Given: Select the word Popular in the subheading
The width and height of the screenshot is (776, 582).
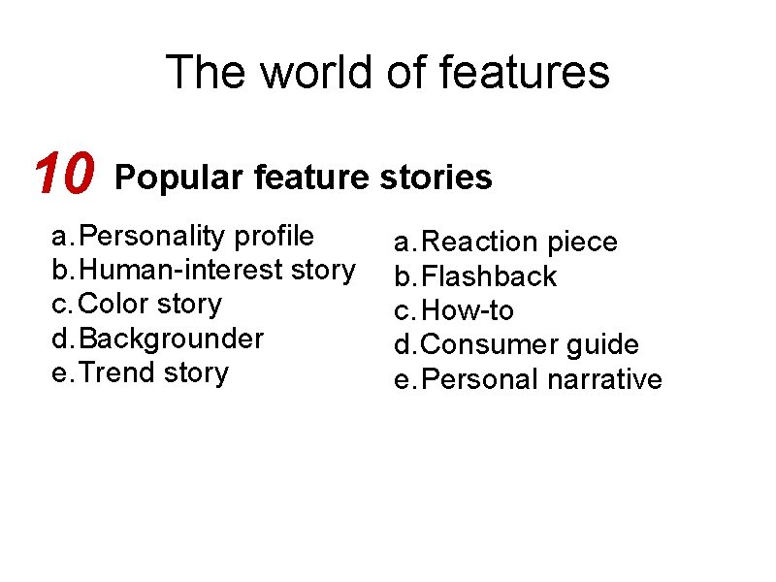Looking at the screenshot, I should pos(179,178).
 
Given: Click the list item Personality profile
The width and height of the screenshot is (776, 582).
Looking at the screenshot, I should pos(196,236).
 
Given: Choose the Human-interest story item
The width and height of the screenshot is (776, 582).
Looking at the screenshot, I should pos(216,270).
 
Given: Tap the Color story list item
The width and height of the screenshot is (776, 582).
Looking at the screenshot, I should pos(149,304).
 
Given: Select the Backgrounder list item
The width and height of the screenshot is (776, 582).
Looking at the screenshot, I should pos(171,339).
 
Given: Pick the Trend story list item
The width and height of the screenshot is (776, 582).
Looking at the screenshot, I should pos(153,372).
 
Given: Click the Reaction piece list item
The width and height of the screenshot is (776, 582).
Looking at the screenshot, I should pos(520,242).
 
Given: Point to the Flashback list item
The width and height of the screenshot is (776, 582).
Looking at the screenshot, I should pos(490,276).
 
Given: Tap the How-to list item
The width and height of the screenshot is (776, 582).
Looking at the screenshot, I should pos(469,311).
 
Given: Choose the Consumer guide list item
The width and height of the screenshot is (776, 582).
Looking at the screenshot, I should pos(531,345).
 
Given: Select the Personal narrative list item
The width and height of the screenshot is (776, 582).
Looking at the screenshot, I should pos(542,379).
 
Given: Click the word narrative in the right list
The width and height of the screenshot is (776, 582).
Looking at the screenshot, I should pos(604,379).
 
